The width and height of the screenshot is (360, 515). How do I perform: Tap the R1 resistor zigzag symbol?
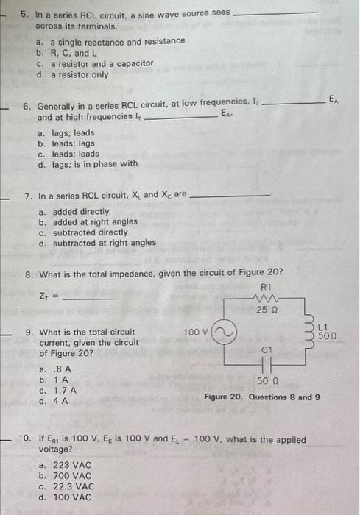click(265, 299)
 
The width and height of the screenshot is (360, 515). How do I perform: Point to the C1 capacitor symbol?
click(267, 364)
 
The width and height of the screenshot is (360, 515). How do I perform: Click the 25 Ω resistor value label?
click(266, 310)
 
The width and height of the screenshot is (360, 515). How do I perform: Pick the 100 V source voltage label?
click(197, 333)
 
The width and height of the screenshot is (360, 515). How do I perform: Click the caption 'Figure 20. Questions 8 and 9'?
click(262, 397)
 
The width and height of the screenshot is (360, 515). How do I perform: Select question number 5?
click(26, 14)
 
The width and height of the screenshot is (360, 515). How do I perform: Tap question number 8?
click(29, 274)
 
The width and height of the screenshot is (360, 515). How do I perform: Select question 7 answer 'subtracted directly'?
click(82, 232)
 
